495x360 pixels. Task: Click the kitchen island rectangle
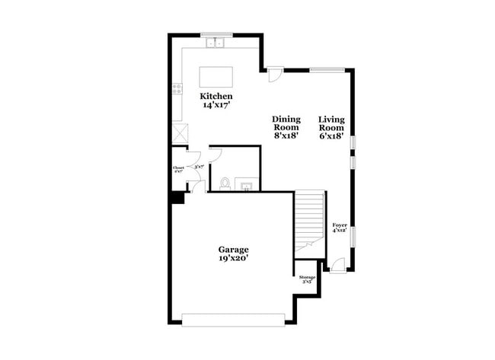[x=216, y=77]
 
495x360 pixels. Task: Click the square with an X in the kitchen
[x=180, y=132]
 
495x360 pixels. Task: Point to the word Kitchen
[x=216, y=97]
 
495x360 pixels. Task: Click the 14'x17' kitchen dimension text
[x=216, y=107]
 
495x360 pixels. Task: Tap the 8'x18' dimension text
[x=287, y=136]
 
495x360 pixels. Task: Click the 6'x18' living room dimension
[x=331, y=136]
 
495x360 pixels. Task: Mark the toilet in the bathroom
[x=225, y=183]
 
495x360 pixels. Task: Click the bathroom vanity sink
[x=247, y=183]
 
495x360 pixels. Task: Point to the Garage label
[x=233, y=249]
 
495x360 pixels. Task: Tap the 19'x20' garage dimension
[x=233, y=259]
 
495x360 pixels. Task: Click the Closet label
[x=178, y=169]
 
